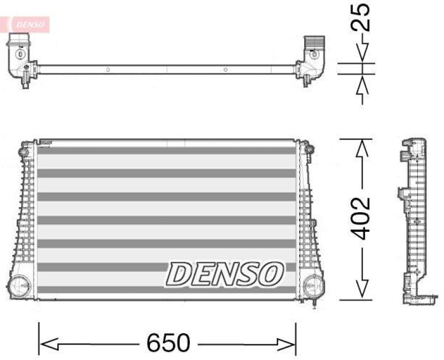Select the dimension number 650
[168, 343]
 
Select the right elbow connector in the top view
[312, 58]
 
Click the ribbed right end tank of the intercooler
[307, 217]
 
